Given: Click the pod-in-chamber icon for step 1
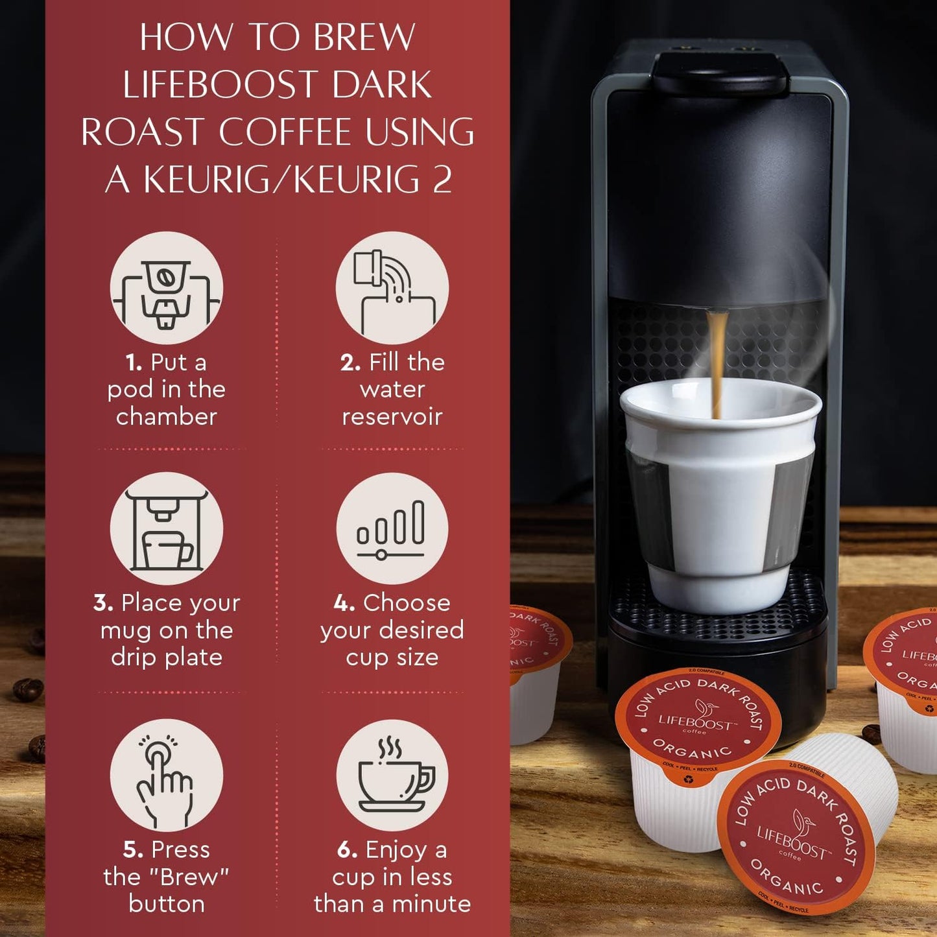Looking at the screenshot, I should pos(167,289).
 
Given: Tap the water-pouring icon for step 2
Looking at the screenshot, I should pos(392,289).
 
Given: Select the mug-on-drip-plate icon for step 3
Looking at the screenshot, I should pos(167,528).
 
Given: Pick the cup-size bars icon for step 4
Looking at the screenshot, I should pos(392,528).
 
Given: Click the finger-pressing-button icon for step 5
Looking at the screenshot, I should pos(167,776).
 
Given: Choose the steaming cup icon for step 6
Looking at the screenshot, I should pos(392,776).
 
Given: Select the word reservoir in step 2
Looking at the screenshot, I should pos(392,416).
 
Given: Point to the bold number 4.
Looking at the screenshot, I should pos(344,603).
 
